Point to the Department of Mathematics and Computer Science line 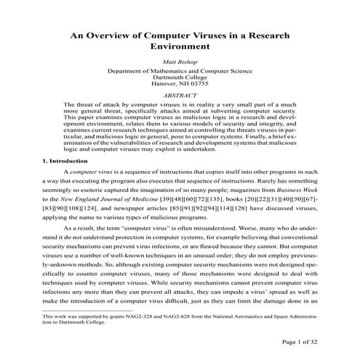[x=180, y=72]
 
